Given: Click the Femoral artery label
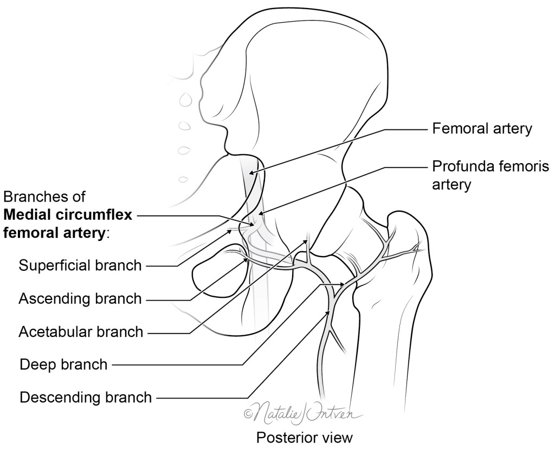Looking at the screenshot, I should click(x=482, y=129).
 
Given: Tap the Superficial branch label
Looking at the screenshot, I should click(x=80, y=265).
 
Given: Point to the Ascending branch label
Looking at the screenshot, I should click(x=80, y=298).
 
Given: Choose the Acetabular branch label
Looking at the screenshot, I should click(x=81, y=331).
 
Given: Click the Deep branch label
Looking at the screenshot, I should click(x=63, y=364).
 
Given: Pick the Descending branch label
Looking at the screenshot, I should click(x=86, y=398).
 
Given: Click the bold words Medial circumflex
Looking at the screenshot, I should click(x=68, y=215).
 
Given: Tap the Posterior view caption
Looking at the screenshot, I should click(x=304, y=437).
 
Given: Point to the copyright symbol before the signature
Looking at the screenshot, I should click(x=249, y=414).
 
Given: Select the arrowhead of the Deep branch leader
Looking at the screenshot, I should click(x=343, y=284).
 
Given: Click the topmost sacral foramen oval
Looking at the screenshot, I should click(x=185, y=100).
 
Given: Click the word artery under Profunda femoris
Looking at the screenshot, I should click(x=451, y=185).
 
